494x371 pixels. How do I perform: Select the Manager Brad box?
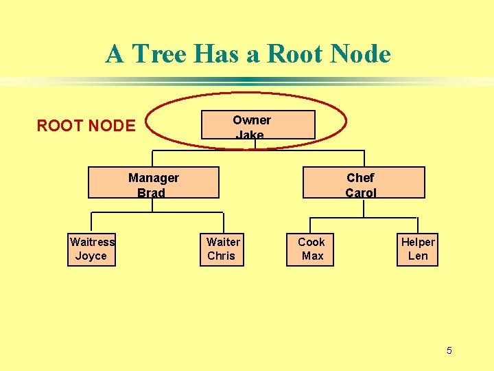click(x=154, y=183)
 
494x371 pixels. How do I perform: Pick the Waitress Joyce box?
click(x=91, y=249)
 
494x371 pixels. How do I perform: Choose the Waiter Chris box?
click(x=222, y=249)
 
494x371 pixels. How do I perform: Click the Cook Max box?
click(x=311, y=249)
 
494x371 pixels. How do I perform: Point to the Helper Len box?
click(x=417, y=249)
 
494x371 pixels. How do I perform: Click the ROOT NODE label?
click(x=86, y=126)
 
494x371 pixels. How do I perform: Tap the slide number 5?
click(x=449, y=351)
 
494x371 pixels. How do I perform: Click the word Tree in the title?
click(x=160, y=54)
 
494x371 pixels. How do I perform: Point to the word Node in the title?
click(x=361, y=54)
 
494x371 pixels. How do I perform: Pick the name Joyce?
click(x=91, y=256)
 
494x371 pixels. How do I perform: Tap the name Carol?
click(x=361, y=193)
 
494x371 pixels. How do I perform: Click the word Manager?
click(x=154, y=178)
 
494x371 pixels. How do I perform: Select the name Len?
click(x=418, y=256)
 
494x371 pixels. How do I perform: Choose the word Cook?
click(x=311, y=242)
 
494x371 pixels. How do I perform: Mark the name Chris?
click(x=221, y=256)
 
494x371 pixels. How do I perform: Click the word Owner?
click(x=252, y=120)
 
